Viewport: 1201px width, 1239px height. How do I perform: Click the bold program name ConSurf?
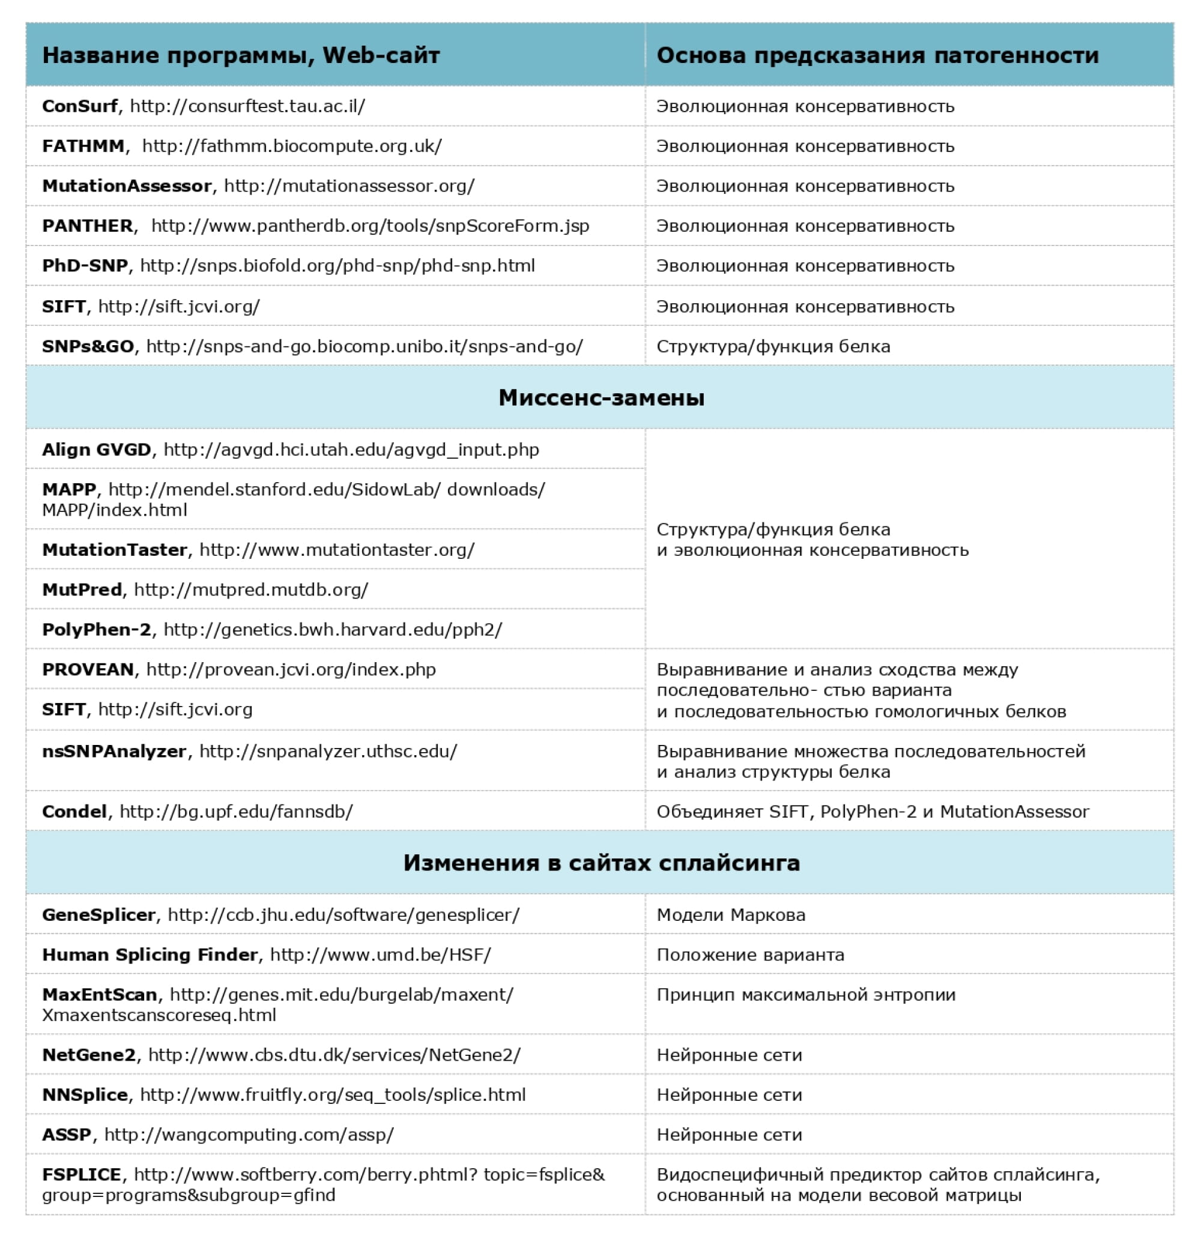coord(80,106)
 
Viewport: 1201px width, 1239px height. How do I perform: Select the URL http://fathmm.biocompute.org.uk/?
coord(292,146)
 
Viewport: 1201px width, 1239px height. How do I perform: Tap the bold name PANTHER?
coord(88,226)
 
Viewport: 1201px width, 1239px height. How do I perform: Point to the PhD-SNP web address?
coord(337,265)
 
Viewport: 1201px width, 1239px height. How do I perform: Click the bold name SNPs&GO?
coord(88,346)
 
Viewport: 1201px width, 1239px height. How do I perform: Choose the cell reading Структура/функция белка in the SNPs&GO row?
coord(773,346)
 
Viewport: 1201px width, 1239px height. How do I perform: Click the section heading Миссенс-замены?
coord(601,397)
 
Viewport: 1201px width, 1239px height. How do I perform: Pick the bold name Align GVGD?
coord(97,450)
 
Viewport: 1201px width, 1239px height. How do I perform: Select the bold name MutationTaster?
coord(115,550)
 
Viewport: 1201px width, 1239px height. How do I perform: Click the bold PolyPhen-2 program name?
coord(97,630)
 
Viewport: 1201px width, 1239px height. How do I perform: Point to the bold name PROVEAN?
coord(88,669)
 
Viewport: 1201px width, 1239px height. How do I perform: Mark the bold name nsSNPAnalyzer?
coord(115,751)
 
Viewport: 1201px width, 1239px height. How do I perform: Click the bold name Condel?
coord(74,812)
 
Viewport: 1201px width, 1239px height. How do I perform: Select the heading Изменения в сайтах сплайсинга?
coord(601,863)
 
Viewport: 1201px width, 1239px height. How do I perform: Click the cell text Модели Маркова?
coord(730,915)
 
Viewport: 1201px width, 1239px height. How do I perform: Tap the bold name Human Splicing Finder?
coord(150,954)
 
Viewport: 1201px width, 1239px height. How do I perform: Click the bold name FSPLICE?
coord(82,1175)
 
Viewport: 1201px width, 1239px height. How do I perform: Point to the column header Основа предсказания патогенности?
coord(877,55)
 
